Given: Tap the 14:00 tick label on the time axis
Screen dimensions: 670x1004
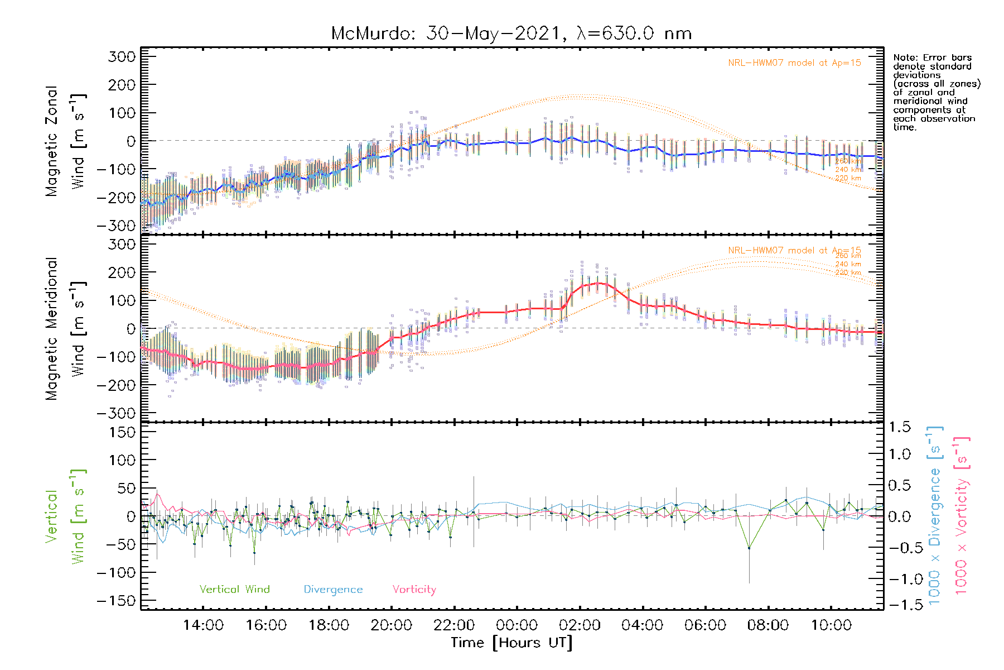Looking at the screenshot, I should [x=203, y=625].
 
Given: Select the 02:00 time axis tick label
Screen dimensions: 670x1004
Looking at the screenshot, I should [x=580, y=625].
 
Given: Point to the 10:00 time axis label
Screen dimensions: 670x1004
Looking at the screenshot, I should [x=831, y=625].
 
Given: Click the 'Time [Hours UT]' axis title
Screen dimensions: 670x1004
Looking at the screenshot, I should [x=511, y=643].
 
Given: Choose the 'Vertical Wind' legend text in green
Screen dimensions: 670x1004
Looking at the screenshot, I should [x=234, y=590].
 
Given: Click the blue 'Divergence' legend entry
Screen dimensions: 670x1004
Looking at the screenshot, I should [x=333, y=590].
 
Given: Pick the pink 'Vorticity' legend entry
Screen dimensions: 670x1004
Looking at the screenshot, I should [x=414, y=590].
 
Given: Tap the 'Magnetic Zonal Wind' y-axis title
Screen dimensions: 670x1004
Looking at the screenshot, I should [x=66, y=141].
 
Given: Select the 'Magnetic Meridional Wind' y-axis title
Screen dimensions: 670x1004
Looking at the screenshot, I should [x=66, y=328].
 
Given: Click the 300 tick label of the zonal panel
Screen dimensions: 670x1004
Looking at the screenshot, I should [x=122, y=56].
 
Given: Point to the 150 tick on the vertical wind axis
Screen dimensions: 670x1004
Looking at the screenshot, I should [x=122, y=432].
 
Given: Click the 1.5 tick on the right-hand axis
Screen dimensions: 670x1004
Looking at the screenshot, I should [x=899, y=427].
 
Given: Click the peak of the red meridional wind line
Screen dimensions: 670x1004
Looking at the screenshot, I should [x=598, y=283].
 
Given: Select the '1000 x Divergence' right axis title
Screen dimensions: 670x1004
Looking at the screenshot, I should [x=935, y=515].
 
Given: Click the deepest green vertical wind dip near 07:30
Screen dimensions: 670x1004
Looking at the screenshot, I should [x=749, y=548].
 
